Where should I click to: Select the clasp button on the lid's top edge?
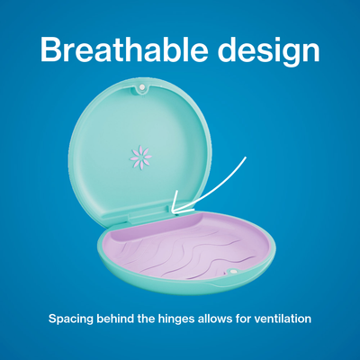[x=140, y=88]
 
